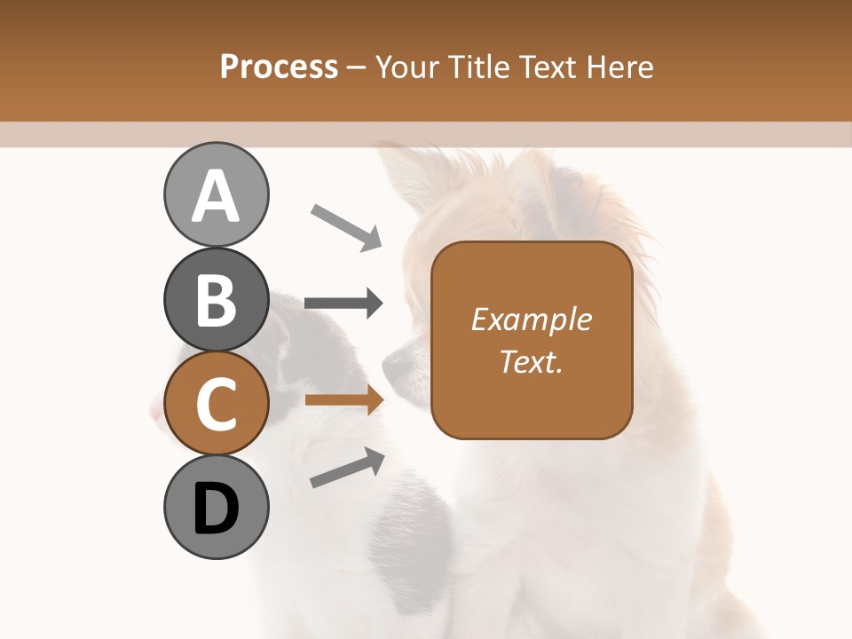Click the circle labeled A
217,195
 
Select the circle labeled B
217,299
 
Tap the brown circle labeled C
217,404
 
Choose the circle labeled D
217,508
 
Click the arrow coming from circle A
346,226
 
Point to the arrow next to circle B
344,304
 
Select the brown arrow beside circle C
344,400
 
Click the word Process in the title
279,67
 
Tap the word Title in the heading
479,67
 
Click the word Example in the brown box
531,319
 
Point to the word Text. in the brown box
531,361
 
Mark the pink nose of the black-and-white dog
157,411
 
